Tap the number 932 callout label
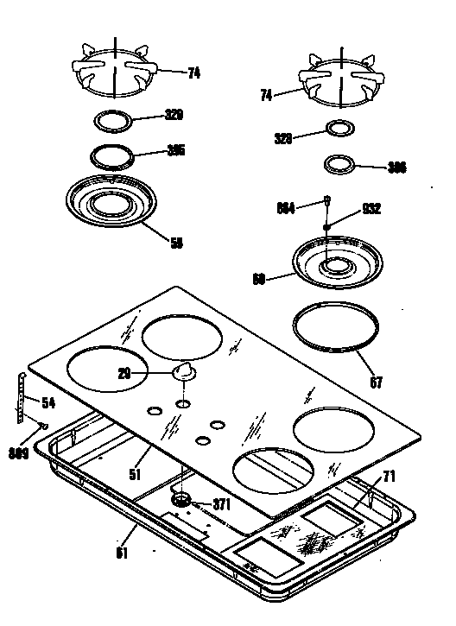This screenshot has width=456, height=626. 372,208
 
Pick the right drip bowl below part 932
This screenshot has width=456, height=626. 332,260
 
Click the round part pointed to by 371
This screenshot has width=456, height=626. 183,499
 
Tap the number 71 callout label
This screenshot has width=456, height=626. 389,476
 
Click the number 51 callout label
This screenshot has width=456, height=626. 134,473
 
